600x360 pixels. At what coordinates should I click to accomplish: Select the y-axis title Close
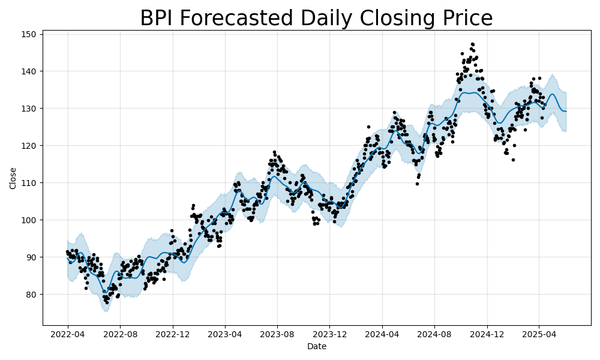tap(13, 178)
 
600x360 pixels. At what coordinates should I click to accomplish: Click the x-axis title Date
tap(317, 346)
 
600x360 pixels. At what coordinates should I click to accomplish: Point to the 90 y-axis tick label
tap(33, 257)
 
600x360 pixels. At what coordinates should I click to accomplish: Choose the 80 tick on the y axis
tap(33, 294)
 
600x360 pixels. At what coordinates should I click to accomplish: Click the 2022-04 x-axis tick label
tap(68, 333)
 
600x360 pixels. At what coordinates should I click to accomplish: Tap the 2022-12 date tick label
tap(173, 333)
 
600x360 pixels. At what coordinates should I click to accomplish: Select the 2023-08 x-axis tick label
tap(277, 333)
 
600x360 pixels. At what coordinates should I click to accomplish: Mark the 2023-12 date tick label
tap(330, 333)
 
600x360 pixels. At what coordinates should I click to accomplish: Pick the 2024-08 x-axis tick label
tap(434, 333)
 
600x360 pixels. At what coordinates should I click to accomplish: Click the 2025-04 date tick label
tap(539, 333)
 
